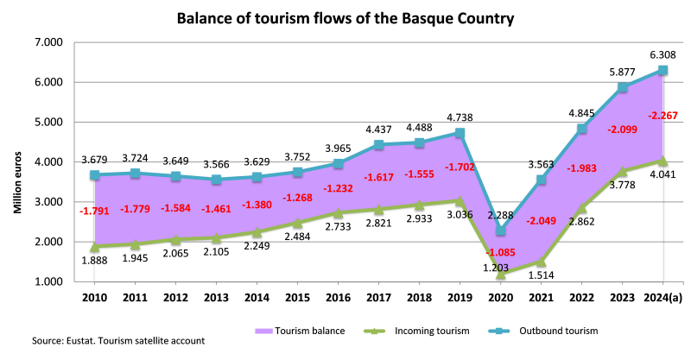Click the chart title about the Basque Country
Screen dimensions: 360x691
(345, 17)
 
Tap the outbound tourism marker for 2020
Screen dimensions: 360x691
(502, 231)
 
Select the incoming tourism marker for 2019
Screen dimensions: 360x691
(460, 201)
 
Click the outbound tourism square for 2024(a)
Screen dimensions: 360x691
(662, 70)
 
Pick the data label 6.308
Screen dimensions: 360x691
(662, 54)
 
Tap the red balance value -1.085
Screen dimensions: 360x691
(502, 252)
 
